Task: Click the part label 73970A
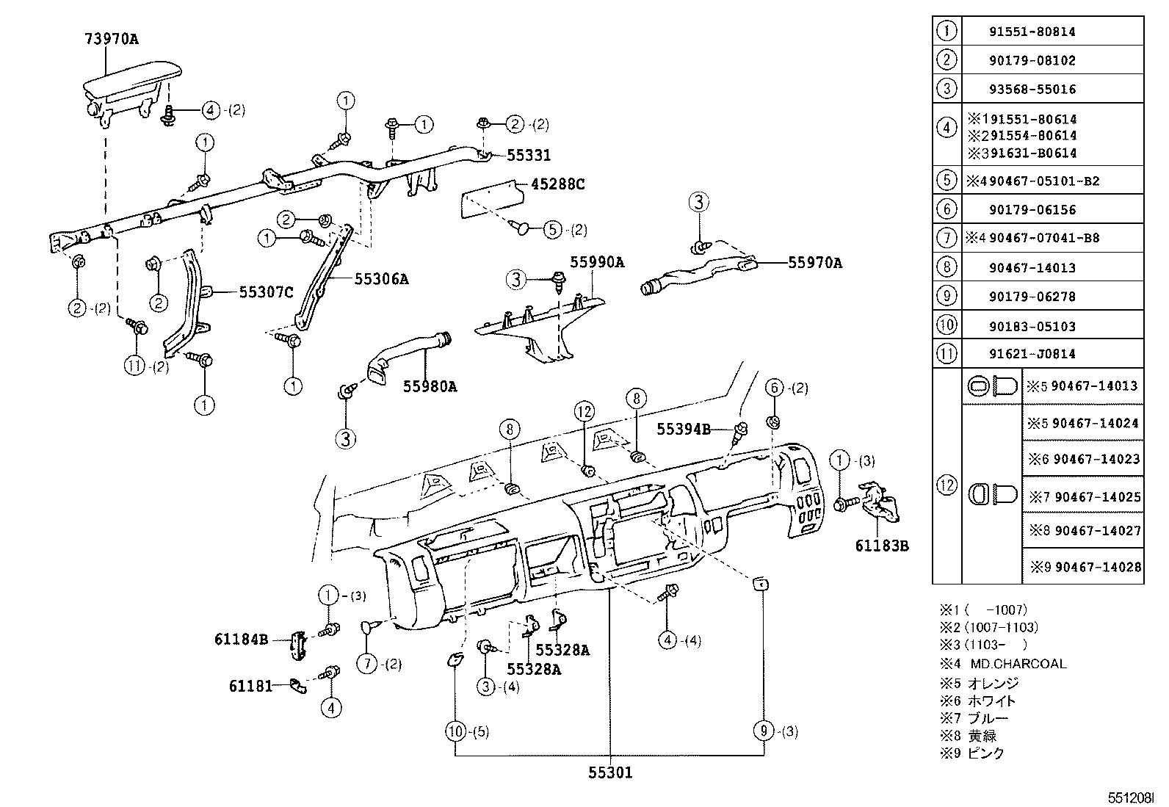click(x=110, y=39)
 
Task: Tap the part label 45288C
click(x=557, y=184)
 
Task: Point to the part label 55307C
click(x=266, y=292)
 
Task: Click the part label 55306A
click(x=381, y=279)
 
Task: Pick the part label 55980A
click(x=429, y=386)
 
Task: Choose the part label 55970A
click(x=815, y=263)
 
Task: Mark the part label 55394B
click(x=684, y=430)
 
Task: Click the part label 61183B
click(x=882, y=546)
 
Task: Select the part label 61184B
click(x=241, y=639)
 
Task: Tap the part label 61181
click(x=250, y=686)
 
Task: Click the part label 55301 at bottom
click(x=609, y=772)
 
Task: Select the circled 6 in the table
click(x=947, y=209)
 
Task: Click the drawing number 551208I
click(x=1132, y=796)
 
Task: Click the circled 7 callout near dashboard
click(x=367, y=664)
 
